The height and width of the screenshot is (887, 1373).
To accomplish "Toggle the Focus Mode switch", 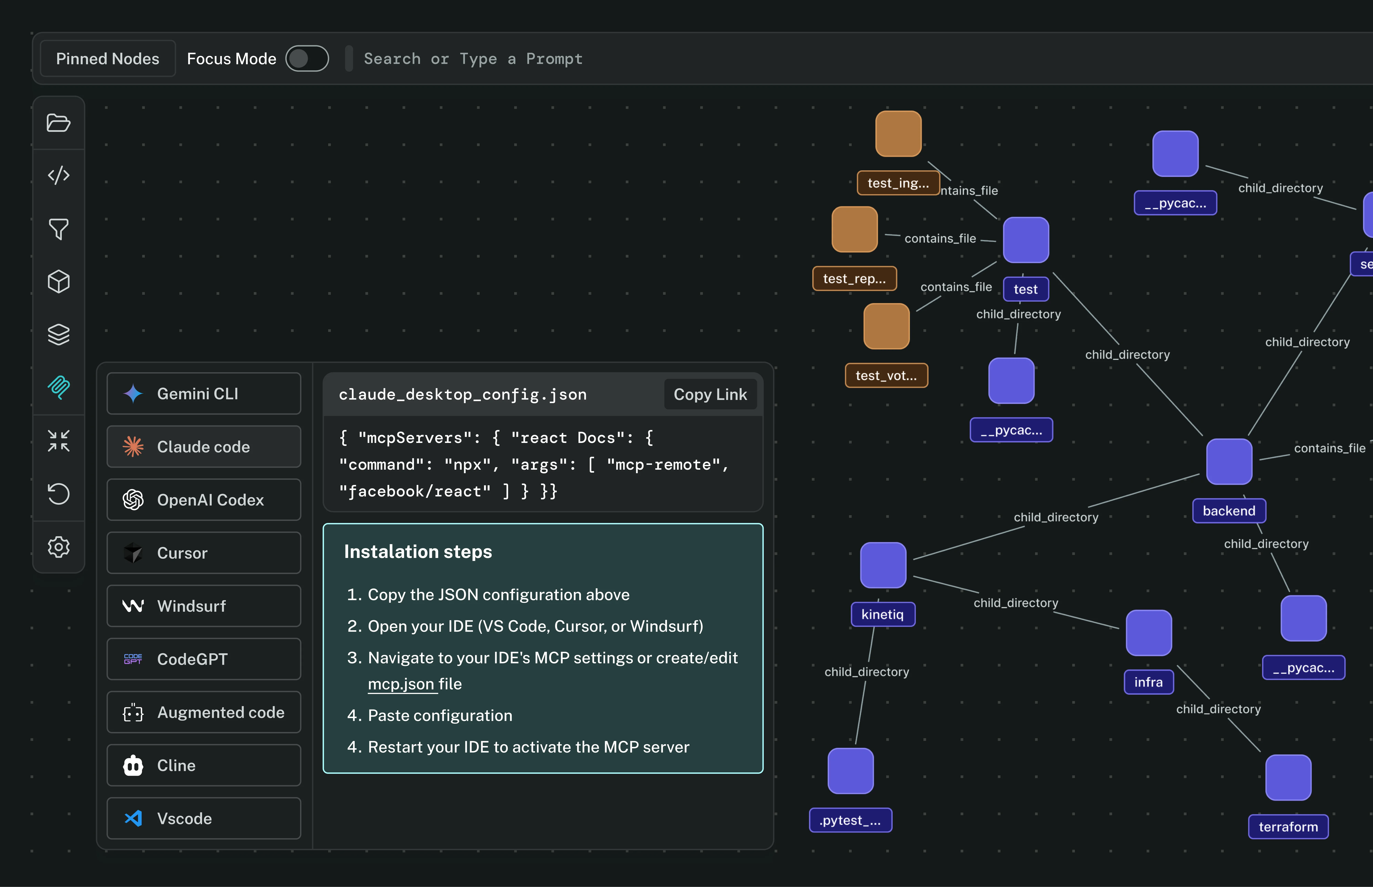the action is (x=307, y=59).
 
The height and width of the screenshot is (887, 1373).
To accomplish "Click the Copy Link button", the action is (x=710, y=394).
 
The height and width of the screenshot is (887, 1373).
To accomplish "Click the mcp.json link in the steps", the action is (x=401, y=684).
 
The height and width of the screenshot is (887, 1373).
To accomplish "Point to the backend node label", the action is (x=1229, y=511).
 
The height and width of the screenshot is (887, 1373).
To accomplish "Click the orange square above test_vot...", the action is (x=887, y=326).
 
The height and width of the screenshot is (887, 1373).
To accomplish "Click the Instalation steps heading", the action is (x=418, y=552).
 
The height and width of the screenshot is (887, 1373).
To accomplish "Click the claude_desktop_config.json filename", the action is (x=463, y=394).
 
